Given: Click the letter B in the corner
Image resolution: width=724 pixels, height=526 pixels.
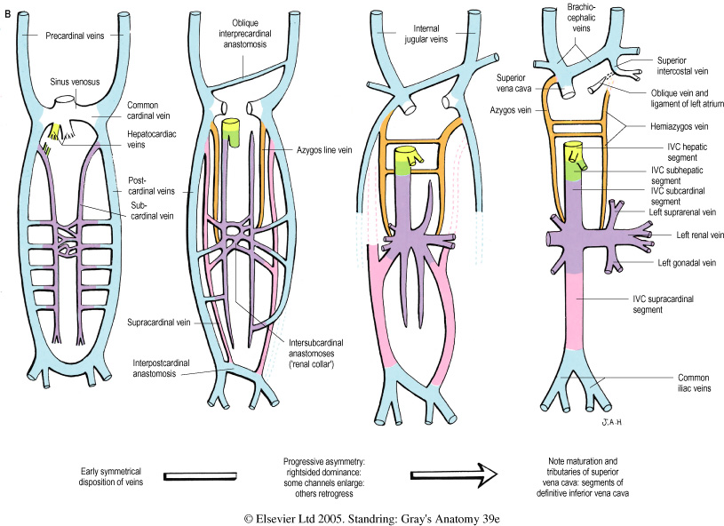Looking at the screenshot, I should (x=8, y=11).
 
